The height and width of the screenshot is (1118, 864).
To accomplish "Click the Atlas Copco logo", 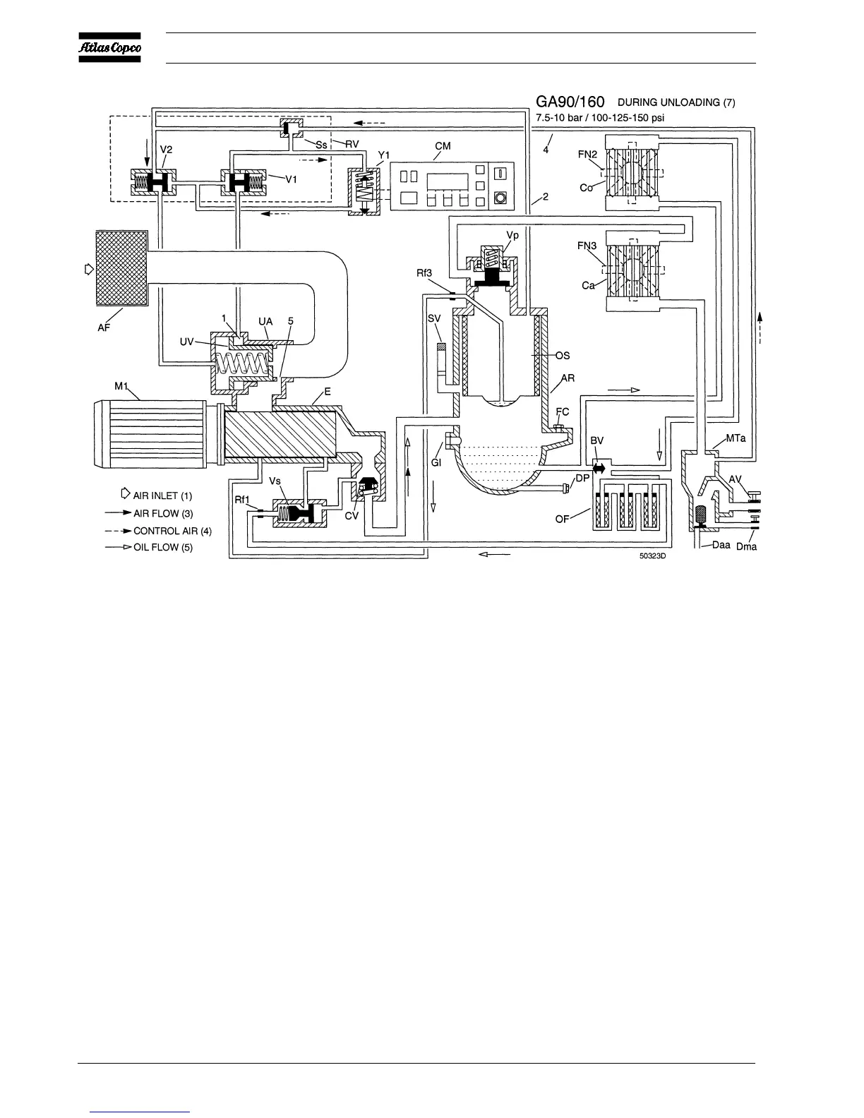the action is click(109, 48).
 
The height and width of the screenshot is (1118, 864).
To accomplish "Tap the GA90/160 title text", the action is click(570, 102).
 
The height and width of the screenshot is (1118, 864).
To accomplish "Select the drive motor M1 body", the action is click(148, 433).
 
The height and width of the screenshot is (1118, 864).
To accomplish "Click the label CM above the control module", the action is click(443, 146).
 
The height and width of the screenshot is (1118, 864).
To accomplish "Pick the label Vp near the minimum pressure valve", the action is click(513, 236).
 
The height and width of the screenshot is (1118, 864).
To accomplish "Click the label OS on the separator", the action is click(563, 356).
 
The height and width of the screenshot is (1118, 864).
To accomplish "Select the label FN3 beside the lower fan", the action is click(587, 246).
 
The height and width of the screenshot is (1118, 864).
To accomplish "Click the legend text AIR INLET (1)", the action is click(162, 495).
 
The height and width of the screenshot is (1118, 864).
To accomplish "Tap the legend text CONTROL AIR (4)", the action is click(172, 531).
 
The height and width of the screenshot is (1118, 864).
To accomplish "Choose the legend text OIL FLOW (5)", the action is click(163, 548).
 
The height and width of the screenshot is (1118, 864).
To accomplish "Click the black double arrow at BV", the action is click(599, 467).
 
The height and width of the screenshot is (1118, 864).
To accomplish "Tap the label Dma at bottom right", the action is click(746, 546).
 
